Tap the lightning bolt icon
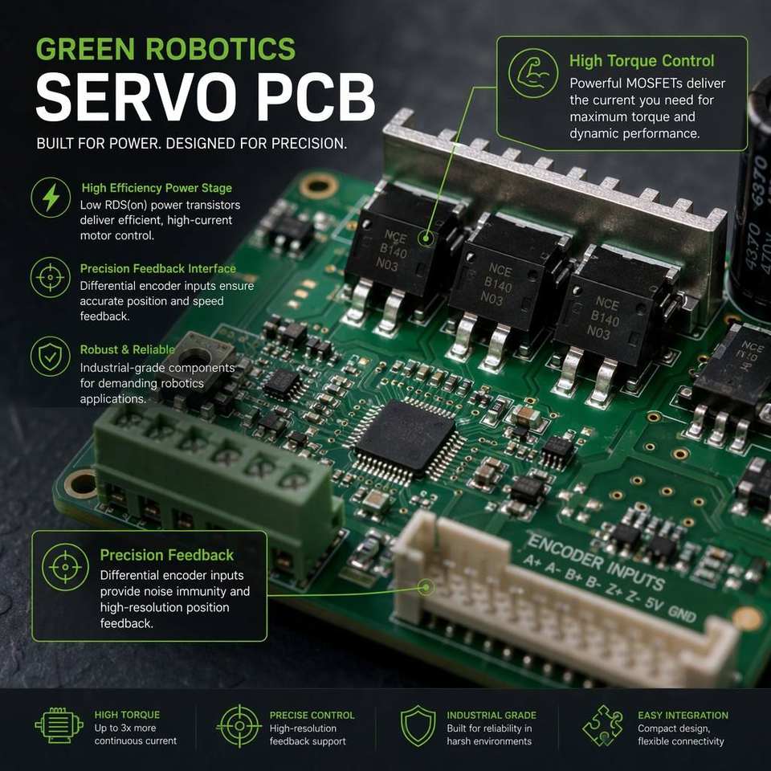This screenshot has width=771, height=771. click(51, 198)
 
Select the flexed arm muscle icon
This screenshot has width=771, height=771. click(532, 73)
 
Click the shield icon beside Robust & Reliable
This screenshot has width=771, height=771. click(50, 357)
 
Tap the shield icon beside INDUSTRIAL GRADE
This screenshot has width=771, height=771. click(418, 726)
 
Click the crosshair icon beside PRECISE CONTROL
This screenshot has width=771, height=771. click(239, 726)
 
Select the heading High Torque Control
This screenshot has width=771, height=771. click(642, 61)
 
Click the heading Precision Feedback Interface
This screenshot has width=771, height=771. click(158, 268)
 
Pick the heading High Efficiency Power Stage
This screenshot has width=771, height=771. click(157, 188)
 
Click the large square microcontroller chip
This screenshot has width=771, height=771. click(408, 436)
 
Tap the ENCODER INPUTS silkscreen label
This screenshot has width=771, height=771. click(595, 561)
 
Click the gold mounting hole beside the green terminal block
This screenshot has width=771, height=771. click(81, 483)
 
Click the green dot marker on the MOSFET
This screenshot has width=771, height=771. click(426, 239)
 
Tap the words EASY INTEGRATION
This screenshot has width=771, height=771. click(683, 716)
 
